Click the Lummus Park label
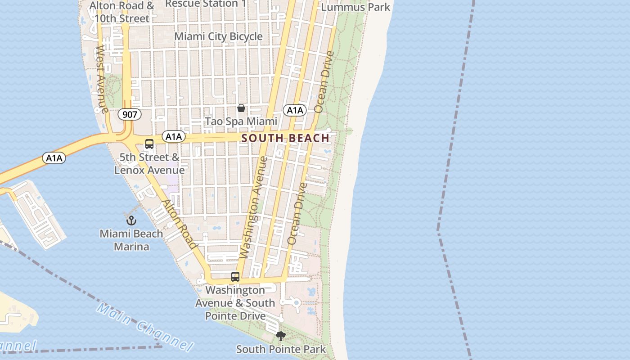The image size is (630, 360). [x=355, y=7]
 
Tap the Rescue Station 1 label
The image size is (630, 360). [x=206, y=4]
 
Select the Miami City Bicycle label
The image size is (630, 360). [x=218, y=36]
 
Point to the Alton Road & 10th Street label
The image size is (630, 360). [x=121, y=12]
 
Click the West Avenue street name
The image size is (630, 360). [x=101, y=79]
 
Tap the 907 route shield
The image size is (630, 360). [x=130, y=114]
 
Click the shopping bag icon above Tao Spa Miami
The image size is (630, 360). [x=241, y=108]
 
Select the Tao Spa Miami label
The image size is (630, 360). [x=241, y=121]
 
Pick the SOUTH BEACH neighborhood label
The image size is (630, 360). [x=286, y=138]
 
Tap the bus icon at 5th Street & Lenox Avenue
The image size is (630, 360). [x=149, y=144]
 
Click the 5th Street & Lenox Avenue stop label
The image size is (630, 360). [x=149, y=164]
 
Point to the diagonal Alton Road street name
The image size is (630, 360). [x=180, y=224]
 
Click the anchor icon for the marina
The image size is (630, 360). [x=131, y=220]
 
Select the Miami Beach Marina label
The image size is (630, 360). [x=131, y=240]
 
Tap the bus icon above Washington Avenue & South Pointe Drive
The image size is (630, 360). [x=235, y=277]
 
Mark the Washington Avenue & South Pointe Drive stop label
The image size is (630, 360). [x=235, y=303]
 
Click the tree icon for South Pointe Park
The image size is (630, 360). [x=281, y=336]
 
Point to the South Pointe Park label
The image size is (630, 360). [x=281, y=349]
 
